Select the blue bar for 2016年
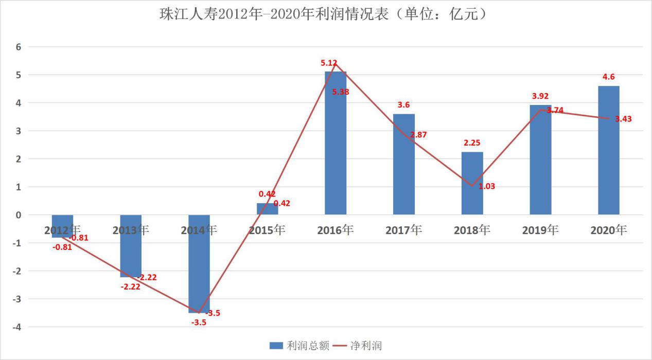[336, 144]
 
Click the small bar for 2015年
[267, 209]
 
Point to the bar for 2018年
[472, 183]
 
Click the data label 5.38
[341, 92]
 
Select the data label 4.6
[609, 77]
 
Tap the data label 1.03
[487, 186]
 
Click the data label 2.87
[418, 135]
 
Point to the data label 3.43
[623, 119]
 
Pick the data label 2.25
[472, 142]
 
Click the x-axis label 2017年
[403, 230]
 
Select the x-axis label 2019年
[540, 230]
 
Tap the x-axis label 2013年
[131, 230]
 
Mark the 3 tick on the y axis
[18, 131]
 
